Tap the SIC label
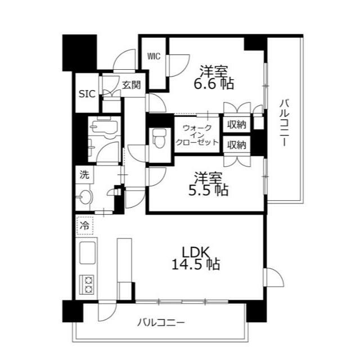pyautogui.click(x=87, y=93)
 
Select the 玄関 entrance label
pyautogui.click(x=132, y=85)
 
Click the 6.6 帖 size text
pyautogui.click(x=214, y=85)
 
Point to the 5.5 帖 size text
pyautogui.click(x=208, y=190)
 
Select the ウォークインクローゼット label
pyautogui.click(x=196, y=135)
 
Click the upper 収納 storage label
pyautogui.click(x=237, y=124)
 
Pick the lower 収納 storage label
pyautogui.click(x=237, y=145)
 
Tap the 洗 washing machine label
pyautogui.click(x=84, y=175)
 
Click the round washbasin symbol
pyautogui.click(x=85, y=197)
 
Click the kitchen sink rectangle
pyautogui.click(x=88, y=254)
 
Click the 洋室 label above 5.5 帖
pyautogui.click(x=208, y=176)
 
